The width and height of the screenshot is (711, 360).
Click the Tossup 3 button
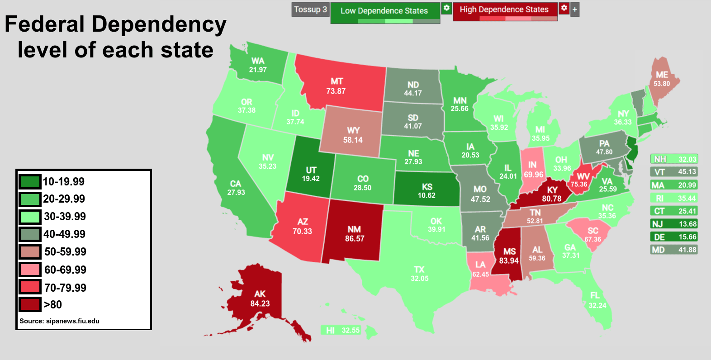point(310,9)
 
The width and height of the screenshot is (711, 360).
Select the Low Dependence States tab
point(384,11)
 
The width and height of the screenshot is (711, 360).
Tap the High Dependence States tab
point(504,9)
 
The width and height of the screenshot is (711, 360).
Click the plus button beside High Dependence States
point(575,9)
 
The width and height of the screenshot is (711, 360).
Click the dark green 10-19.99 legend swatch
point(30,181)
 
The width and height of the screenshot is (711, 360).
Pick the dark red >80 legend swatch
point(30,304)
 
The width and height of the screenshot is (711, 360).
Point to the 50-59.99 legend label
point(65,251)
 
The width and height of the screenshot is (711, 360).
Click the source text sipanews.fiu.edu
point(59,321)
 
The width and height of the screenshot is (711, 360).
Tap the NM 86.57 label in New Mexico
point(355,234)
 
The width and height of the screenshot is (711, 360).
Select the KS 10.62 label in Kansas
point(427,191)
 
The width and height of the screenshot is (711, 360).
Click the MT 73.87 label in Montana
point(336,86)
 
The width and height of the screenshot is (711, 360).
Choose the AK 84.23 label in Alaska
point(260,298)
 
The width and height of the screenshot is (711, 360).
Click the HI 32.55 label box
point(343,330)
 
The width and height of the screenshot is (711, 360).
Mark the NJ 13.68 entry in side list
point(673,224)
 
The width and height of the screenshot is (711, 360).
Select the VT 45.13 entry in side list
point(673,172)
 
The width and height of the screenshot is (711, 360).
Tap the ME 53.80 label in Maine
point(662,79)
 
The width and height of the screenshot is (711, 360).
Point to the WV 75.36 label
point(580,180)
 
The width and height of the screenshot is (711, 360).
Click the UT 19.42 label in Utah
point(311,174)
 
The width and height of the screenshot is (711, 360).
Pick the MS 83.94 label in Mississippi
point(509,256)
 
